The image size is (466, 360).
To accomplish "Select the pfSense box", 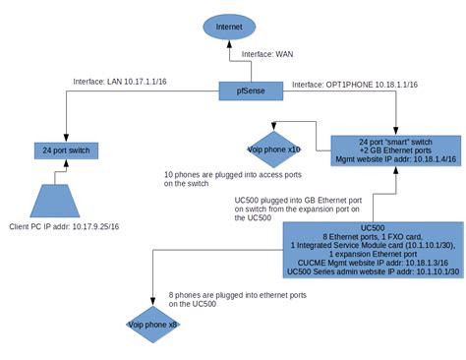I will click(252, 92).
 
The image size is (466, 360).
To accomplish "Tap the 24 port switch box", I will click(68, 150).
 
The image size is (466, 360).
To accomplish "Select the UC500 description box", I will click(373, 251).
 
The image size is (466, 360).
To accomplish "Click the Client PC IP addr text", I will click(64, 227).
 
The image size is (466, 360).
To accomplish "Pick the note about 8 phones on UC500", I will click(224, 299).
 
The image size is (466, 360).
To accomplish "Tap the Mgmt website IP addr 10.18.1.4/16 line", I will click(395, 157).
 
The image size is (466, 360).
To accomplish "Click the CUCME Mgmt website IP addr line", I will click(373, 263).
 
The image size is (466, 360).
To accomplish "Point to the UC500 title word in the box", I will click(373, 227).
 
